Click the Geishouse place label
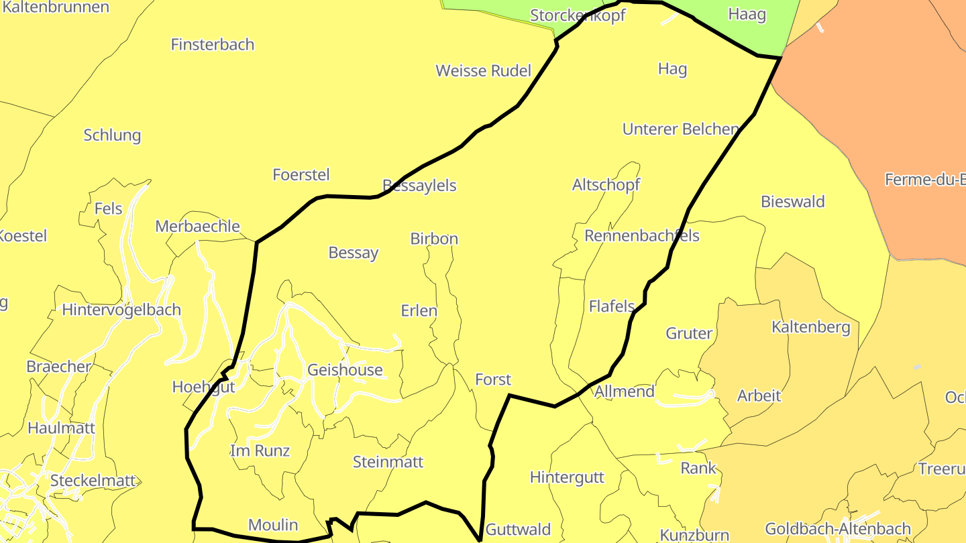[345, 370]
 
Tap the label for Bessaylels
[419, 186]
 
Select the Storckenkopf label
[578, 15]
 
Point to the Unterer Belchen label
[680, 129]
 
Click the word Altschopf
[606, 185]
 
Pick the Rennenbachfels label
[642, 236]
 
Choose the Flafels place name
[612, 306]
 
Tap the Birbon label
[434, 239]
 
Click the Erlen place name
[419, 311]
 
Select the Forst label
[493, 379]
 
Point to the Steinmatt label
[388, 462]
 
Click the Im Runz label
[260, 450]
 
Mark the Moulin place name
[273, 525]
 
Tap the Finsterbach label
[213, 45]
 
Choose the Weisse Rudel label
[483, 71]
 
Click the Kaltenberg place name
[811, 328]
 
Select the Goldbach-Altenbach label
[838, 530]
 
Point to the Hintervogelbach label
[121, 310]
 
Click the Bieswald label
[793, 202]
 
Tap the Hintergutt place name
[567, 478]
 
